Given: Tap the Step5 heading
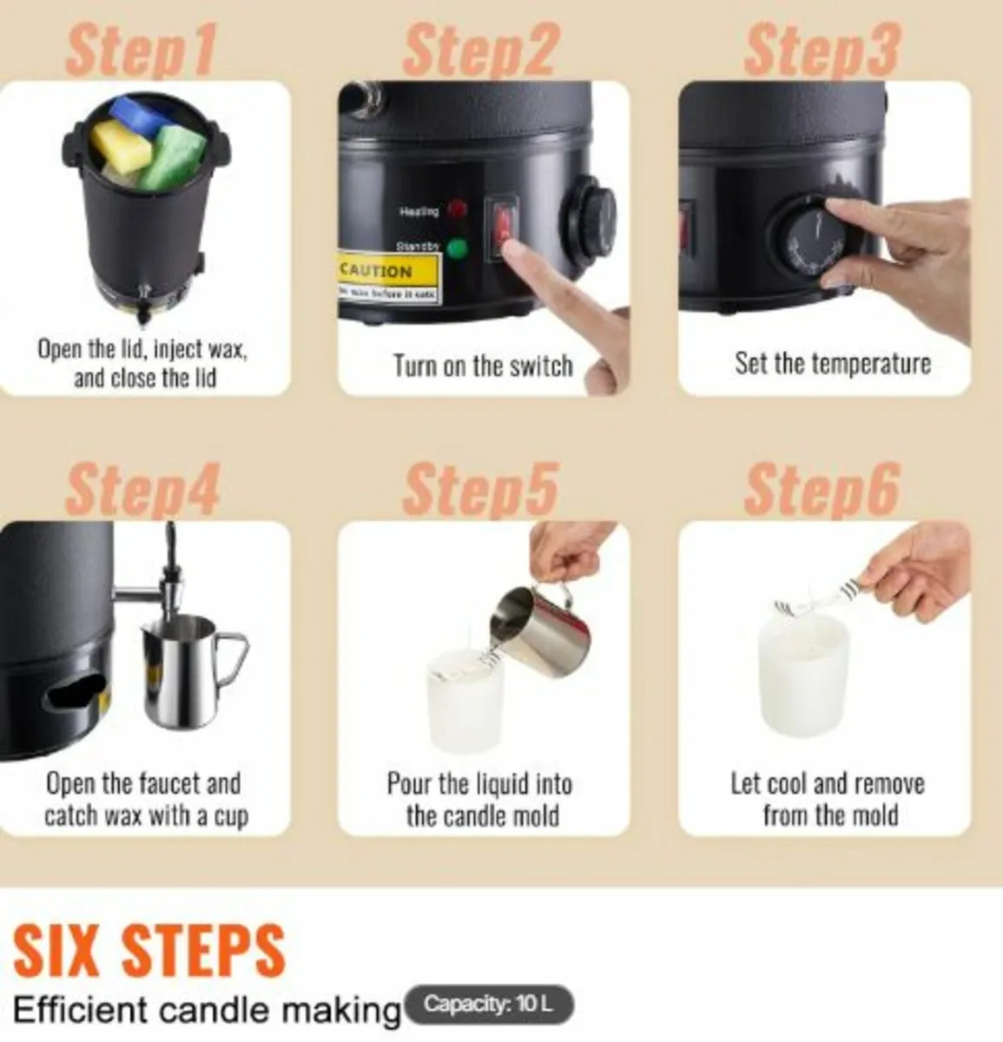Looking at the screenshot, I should click(x=479, y=489).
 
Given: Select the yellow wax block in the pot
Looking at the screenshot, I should click(x=117, y=145).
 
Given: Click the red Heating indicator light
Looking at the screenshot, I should click(x=455, y=210).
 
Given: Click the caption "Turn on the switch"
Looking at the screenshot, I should click(x=483, y=366).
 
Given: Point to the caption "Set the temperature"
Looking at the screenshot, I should click(x=832, y=363).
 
